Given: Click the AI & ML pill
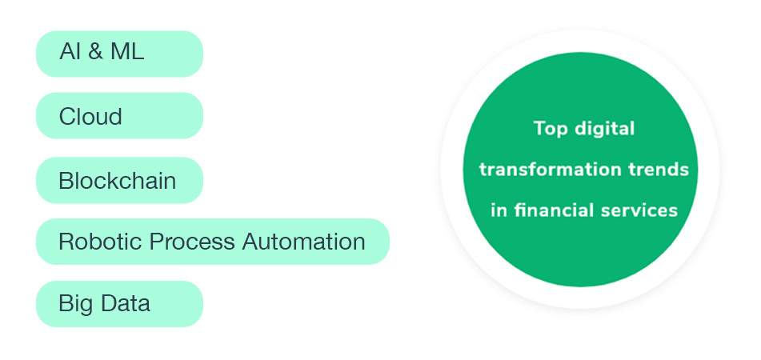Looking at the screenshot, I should tap(119, 54).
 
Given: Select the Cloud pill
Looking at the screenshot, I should tap(119, 116).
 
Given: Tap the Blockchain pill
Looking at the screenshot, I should tap(119, 180).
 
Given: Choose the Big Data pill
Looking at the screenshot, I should tap(119, 304).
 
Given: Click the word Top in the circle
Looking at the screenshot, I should tap(549, 128).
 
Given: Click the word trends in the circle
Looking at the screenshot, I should tap(659, 170).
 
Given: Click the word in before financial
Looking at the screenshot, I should tap(499, 210).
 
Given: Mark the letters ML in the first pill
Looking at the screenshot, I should tap(128, 54).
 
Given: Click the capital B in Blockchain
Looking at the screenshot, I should tap(66, 180).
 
